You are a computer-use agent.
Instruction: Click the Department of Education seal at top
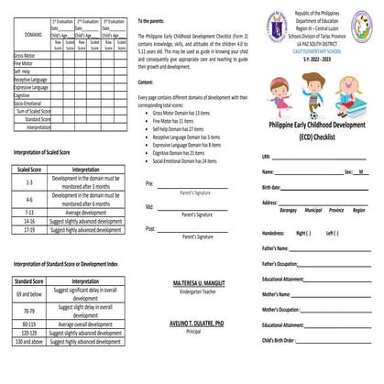coord(277,25)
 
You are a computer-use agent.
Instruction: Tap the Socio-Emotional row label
coord(27,104)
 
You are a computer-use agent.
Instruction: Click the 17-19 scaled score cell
coord(28,229)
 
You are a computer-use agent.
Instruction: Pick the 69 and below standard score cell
coord(28,291)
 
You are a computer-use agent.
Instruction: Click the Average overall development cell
coord(85,324)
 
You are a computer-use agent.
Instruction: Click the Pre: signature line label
coord(149,184)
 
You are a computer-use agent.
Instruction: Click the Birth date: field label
coord(272,186)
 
